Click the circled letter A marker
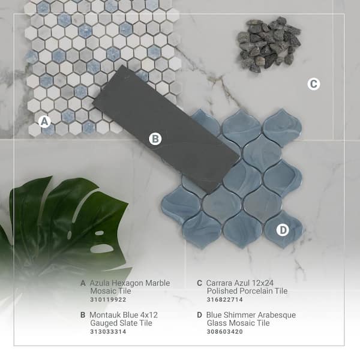tap(44, 121)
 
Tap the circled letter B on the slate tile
tap(155, 139)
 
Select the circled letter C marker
tap(313, 84)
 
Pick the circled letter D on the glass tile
tap(283, 229)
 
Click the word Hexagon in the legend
tap(130, 283)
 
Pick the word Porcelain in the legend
tap(257, 291)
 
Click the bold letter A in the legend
tap(83, 283)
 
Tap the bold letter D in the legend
tap(199, 314)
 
